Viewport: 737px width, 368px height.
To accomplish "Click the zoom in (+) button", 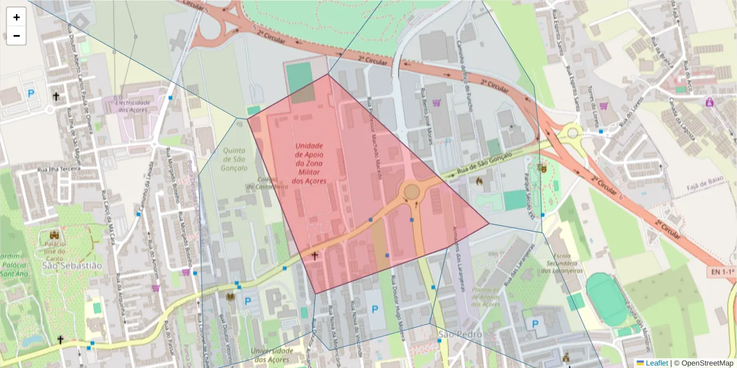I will [16, 17].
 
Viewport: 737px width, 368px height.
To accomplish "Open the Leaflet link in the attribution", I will [656, 363].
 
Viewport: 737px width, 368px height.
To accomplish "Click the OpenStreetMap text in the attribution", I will [706, 363].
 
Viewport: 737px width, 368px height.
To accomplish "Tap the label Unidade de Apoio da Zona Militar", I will [310, 163].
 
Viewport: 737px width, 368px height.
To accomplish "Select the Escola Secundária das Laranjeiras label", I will [567, 262].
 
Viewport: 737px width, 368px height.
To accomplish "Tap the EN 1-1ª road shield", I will [722, 270].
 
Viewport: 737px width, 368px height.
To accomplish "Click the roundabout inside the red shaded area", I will [411, 193].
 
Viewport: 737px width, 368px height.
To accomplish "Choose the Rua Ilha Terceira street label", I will [60, 169].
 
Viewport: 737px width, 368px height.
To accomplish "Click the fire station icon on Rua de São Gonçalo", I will [479, 182].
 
